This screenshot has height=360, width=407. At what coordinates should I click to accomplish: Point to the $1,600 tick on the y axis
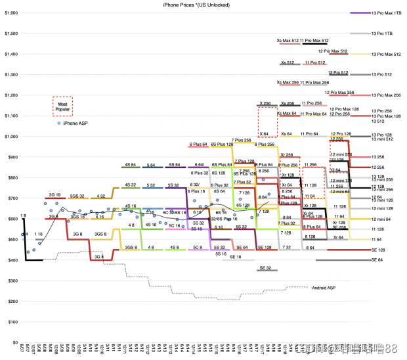click(10, 12)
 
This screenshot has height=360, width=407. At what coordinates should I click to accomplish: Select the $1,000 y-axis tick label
click(10, 137)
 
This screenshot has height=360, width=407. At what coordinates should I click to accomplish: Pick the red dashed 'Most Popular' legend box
click(63, 106)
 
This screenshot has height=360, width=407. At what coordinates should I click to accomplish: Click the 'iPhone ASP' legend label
click(76, 123)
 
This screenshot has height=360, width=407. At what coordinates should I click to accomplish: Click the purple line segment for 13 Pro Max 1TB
click(360, 12)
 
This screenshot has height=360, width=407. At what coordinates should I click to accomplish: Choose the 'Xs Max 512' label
click(288, 41)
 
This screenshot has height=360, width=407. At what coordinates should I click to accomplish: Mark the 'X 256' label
click(265, 103)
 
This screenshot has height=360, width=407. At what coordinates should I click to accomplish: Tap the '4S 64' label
click(130, 165)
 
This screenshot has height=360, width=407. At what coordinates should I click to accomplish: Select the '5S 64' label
click(173, 165)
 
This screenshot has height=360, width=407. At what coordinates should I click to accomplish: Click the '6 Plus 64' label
click(198, 145)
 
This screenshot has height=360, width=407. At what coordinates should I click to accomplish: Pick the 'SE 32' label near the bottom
click(265, 269)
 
